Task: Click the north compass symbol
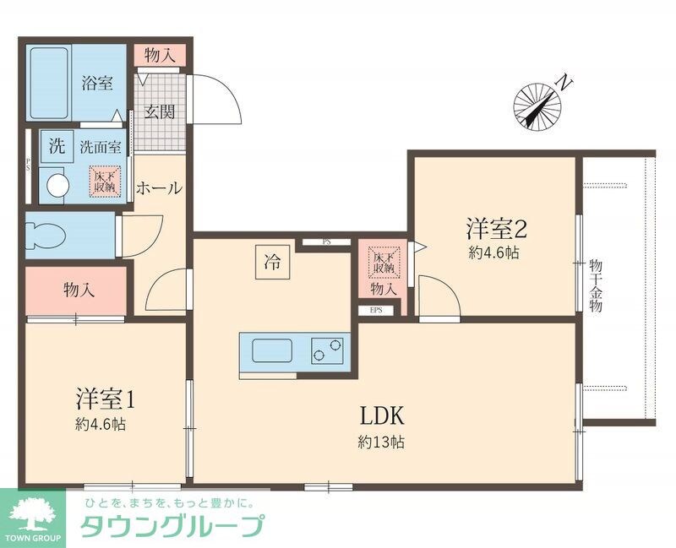(538, 106)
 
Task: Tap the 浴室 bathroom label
(97, 83)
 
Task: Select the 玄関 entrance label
(158, 111)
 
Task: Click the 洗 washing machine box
(57, 144)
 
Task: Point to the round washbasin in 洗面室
(57, 185)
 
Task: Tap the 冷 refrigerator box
(272, 262)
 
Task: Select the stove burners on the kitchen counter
(330, 349)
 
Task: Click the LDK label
(384, 415)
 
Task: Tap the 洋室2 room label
(496, 228)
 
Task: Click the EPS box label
(375, 310)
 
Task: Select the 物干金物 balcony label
(596, 287)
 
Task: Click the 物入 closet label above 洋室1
(79, 290)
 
